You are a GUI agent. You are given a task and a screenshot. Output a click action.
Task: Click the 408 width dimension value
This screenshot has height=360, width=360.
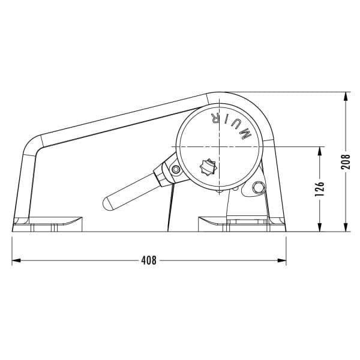coord(149,260)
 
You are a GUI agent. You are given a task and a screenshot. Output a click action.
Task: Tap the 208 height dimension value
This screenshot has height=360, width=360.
coord(346,161)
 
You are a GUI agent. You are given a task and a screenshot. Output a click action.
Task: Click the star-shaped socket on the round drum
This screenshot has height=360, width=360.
coord(208,167)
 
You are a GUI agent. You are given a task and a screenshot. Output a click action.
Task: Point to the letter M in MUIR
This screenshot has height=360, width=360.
coord(245,134)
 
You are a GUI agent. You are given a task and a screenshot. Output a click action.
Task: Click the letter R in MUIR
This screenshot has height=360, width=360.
coord(215,118)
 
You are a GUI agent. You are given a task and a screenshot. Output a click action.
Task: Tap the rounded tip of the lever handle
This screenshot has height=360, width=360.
coord(107,204)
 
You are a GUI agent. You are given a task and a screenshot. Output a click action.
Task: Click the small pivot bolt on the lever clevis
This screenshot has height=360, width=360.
coord(176,169)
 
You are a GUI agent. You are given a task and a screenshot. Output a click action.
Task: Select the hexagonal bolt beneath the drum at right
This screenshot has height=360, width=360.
coord(258,188)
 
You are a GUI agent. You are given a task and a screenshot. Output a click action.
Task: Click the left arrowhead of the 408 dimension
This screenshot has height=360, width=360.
coord(16,260)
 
